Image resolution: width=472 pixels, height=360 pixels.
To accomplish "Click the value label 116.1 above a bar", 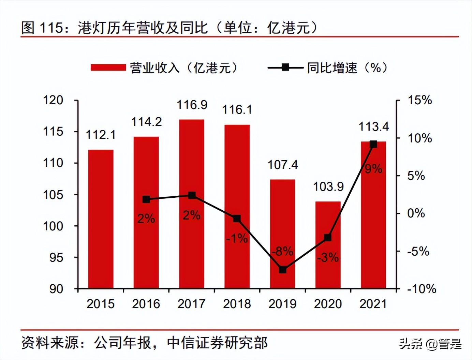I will tap(237, 110).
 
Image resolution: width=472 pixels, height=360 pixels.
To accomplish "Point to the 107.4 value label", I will tap(282, 165).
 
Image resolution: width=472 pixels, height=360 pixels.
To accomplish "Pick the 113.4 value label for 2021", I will tap(373, 127).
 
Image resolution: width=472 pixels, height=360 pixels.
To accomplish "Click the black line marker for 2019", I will tap(282, 270).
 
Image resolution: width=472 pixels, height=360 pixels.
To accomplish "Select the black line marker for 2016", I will tap(146, 199).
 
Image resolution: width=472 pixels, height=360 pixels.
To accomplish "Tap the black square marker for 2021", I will tap(373, 144).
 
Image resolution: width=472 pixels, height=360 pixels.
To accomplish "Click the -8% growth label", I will tap(282, 252).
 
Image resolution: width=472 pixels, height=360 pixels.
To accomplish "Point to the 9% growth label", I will tap(373, 169).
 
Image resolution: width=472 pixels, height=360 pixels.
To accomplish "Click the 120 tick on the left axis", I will tap(53, 100).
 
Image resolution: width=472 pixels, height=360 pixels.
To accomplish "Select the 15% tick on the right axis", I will tap(420, 100).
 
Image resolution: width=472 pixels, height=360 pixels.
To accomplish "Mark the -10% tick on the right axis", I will tap(422, 289).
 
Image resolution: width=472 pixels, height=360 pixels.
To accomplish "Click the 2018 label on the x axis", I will tap(237, 304).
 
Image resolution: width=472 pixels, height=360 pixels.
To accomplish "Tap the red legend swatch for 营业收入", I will tap(108, 67).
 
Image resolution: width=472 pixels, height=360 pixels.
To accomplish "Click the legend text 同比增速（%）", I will tap(347, 67).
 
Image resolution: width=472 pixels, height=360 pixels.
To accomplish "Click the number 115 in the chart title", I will tap(52, 28).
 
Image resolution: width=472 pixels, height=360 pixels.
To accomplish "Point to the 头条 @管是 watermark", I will tap(430, 344).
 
